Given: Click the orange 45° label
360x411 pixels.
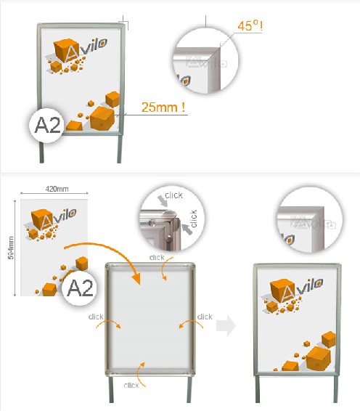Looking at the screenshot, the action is click(x=250, y=25).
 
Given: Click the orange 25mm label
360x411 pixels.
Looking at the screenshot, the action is click(x=163, y=107).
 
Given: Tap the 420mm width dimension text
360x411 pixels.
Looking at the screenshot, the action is click(x=57, y=189).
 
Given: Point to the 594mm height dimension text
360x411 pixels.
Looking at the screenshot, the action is click(x=11, y=248).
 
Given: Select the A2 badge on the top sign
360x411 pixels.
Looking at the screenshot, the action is click(x=47, y=126).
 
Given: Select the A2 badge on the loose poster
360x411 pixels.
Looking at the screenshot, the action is click(x=80, y=288).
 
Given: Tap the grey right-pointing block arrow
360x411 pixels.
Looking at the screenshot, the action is click(x=226, y=326).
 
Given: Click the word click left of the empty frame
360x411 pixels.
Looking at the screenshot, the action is click(x=96, y=317).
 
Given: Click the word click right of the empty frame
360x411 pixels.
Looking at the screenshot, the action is click(x=205, y=317).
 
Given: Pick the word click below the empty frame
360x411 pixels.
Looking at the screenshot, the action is click(x=131, y=385).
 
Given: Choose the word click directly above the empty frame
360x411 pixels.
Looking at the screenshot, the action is click(x=157, y=257).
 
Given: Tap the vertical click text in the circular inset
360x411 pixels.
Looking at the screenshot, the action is click(x=194, y=219).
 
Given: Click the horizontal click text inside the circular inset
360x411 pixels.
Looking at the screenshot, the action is click(x=173, y=195).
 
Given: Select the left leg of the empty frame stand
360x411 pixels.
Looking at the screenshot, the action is click(x=111, y=389).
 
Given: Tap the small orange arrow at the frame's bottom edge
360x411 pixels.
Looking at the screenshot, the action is click(x=141, y=374).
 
